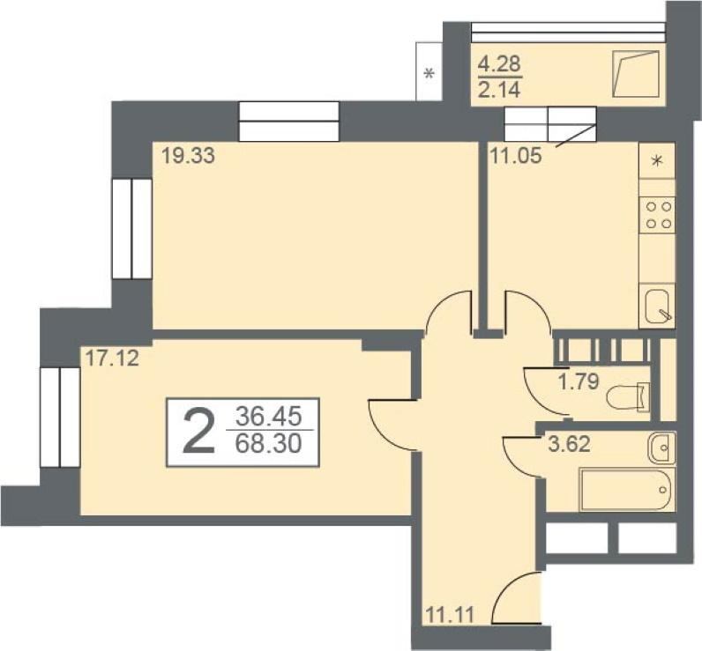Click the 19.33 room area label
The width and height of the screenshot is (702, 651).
188,156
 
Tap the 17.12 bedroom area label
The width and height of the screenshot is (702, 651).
112,359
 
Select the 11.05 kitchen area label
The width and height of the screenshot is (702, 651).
516,157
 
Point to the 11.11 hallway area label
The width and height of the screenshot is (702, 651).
450,614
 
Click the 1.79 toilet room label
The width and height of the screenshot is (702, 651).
579,381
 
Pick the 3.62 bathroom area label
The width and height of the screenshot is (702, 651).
570,445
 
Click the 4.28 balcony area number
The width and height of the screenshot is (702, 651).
499,64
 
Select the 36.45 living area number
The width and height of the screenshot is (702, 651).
269,418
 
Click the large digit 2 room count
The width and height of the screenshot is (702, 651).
199,432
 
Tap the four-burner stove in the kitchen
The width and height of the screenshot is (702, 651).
657,215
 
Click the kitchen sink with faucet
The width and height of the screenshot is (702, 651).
657,306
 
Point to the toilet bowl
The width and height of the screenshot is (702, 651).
628,396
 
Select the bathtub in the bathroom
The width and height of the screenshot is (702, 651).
627,489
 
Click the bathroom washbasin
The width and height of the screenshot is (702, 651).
661,448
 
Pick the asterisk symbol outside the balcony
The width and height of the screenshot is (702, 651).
429,73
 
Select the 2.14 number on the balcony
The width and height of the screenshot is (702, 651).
499,91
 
